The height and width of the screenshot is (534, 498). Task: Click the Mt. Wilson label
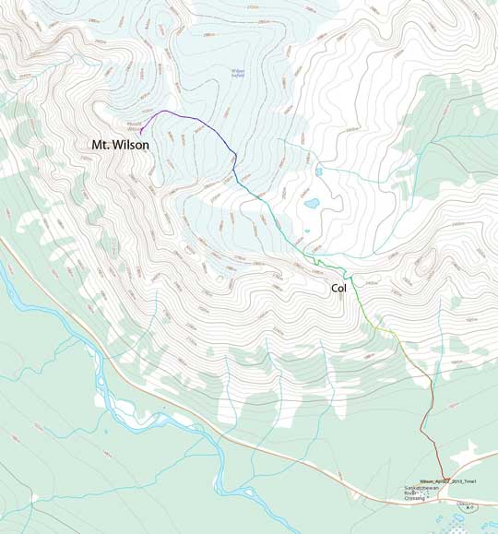tap(119, 145)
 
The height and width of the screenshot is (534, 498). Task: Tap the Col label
tap(342, 289)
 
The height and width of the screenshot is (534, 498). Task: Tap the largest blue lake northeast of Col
tap(312, 203)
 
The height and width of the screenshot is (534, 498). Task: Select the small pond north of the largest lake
tap(318, 172)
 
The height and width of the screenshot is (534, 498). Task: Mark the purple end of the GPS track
tap(141, 135)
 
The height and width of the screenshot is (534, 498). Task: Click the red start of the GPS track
tap(443, 476)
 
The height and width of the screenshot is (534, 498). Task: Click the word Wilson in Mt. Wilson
tap(131, 145)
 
